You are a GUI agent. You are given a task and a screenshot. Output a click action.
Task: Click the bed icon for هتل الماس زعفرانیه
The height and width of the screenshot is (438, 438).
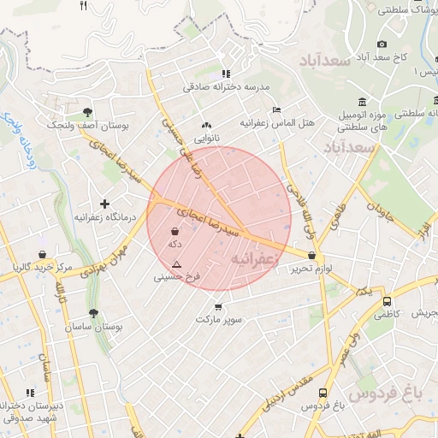point(275,110)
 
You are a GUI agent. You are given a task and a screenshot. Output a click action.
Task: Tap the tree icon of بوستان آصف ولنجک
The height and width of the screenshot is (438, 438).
point(89,111)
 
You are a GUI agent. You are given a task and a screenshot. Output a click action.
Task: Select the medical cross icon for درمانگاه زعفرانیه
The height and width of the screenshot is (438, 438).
point(104,204)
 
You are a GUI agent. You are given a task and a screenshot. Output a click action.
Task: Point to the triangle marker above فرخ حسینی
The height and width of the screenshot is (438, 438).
point(177,264)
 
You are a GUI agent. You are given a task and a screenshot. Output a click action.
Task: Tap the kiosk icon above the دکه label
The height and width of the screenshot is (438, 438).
point(175,231)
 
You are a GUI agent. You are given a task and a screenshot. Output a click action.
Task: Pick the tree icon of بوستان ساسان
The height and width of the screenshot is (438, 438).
point(92,313)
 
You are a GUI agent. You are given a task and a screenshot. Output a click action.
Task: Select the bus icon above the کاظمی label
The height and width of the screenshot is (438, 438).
point(388,302)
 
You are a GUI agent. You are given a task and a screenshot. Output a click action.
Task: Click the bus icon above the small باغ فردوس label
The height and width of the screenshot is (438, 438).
point(323,394)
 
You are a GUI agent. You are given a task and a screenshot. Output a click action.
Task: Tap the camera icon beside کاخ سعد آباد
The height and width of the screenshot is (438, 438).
point(382,44)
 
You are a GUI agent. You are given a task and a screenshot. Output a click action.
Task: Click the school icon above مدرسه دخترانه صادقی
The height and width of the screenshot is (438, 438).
point(226,74)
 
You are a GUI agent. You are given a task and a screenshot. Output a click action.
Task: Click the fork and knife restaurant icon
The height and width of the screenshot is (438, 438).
point(83,6)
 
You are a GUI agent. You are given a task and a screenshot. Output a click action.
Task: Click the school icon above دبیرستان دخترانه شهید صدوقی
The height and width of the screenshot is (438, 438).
point(31,393)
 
